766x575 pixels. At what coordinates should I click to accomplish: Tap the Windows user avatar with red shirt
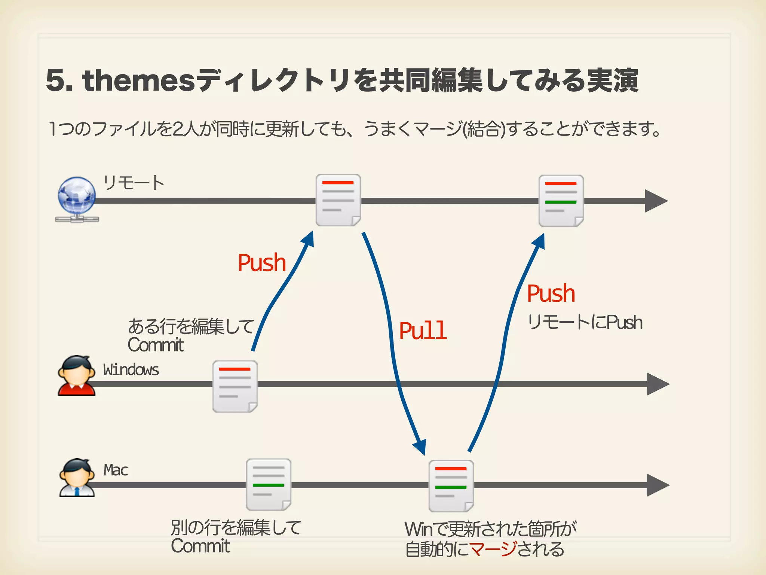pos(77,375)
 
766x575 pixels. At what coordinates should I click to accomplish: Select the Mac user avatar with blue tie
pos(77,478)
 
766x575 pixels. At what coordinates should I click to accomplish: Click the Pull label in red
pos(423,331)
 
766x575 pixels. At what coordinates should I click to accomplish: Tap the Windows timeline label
pos(131,369)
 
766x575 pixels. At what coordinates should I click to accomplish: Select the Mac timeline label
pos(116,470)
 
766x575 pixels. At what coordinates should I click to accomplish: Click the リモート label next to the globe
pos(134,183)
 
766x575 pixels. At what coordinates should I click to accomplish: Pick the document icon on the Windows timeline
pos(235,386)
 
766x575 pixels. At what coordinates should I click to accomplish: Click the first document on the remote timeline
pos(338,200)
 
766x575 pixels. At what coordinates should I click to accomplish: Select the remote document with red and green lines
pos(561,201)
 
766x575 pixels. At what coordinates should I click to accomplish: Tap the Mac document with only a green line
pos(269,484)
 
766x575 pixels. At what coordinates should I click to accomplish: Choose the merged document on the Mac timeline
pos(451,486)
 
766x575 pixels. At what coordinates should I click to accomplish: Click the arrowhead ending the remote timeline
pos(656,201)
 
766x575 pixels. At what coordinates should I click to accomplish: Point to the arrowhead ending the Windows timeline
pos(658,384)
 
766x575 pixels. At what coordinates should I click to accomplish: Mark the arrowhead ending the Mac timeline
pos(658,485)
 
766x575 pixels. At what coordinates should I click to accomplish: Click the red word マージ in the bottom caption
pos(493,549)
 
